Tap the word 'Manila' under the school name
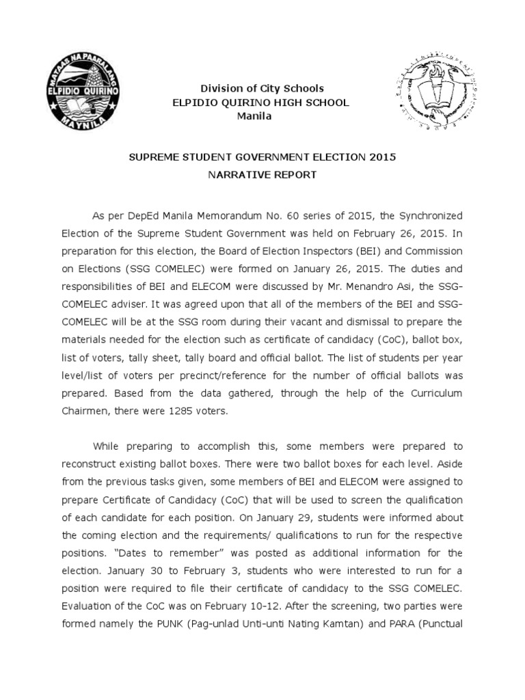[x=254, y=116]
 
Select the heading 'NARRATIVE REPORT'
[x=262, y=175]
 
